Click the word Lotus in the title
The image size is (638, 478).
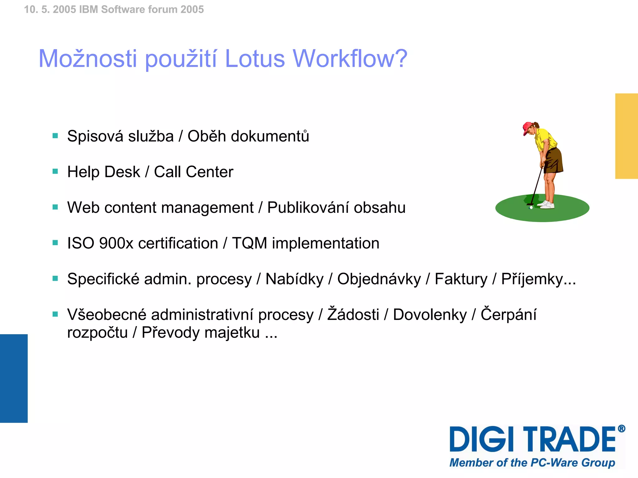(x=255, y=59)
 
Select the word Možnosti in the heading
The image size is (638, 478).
(x=88, y=59)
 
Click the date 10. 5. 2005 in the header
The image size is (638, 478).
(x=50, y=9)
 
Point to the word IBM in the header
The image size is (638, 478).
(x=89, y=9)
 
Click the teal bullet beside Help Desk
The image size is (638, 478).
(x=55, y=171)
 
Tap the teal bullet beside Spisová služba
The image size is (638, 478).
(x=55, y=136)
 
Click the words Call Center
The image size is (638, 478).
(x=193, y=172)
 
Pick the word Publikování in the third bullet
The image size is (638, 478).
(x=308, y=208)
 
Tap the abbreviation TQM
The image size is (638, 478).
(x=250, y=243)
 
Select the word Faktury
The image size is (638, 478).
(x=461, y=279)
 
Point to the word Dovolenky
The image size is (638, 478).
(x=430, y=315)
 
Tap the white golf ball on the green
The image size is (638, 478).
(x=531, y=207)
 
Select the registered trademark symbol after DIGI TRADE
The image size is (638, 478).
(x=621, y=429)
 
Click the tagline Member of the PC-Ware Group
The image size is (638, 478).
(x=532, y=463)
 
